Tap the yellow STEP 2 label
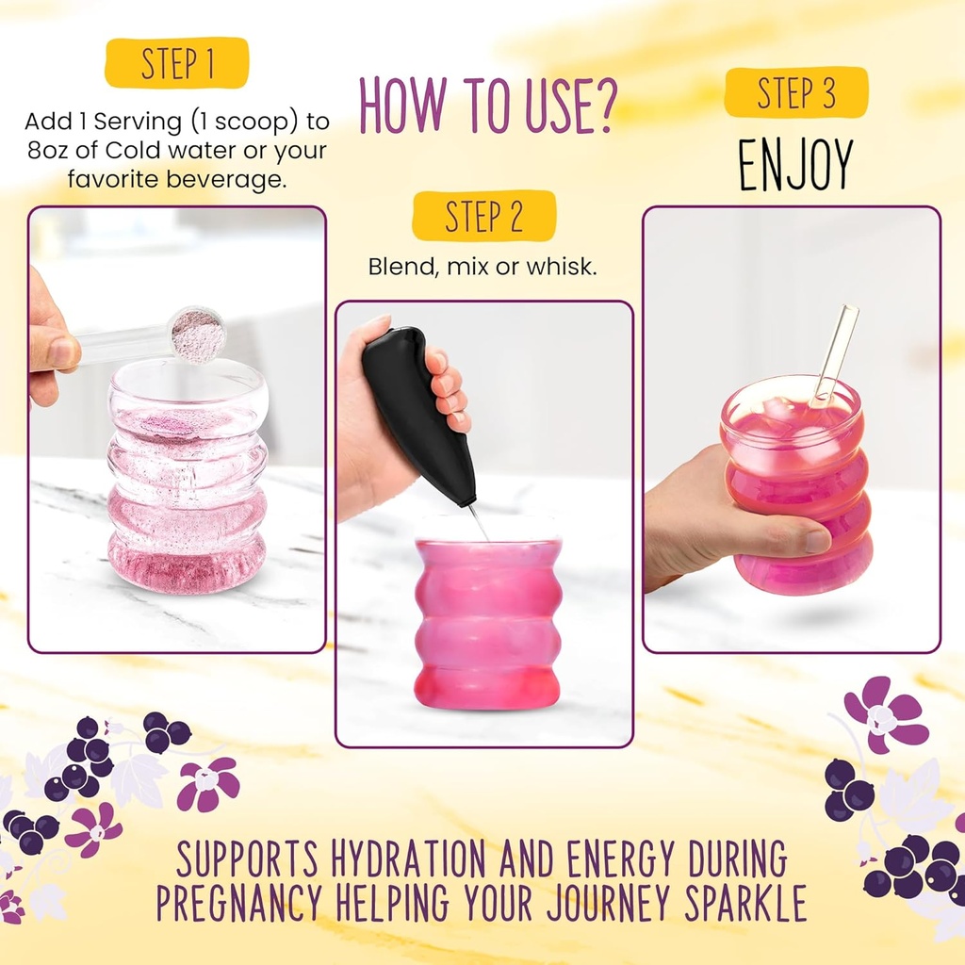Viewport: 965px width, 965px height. coord(483,216)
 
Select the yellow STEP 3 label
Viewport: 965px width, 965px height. coord(795,92)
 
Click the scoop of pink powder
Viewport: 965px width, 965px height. coord(197,334)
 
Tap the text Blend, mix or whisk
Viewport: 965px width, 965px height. coord(482,268)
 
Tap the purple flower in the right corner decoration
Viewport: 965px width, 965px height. coord(884,713)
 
